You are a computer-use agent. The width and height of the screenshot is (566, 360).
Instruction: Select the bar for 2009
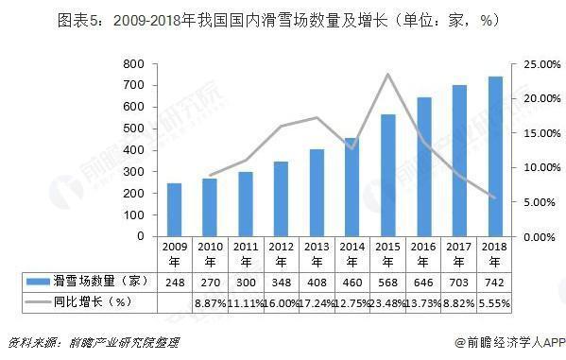[x=175, y=210]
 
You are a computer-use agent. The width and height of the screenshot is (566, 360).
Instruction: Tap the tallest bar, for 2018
[x=495, y=157]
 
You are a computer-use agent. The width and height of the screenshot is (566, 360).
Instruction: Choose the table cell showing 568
[x=388, y=282]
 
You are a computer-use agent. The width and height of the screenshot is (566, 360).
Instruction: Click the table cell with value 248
[x=175, y=282]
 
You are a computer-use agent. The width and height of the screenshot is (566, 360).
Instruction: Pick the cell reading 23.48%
[x=388, y=301]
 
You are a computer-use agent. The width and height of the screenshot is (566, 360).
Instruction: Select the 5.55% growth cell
[x=495, y=301]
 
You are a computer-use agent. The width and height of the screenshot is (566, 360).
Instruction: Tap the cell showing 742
[x=495, y=282]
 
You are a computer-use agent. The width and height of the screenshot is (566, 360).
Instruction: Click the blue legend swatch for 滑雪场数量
[x=43, y=282]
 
